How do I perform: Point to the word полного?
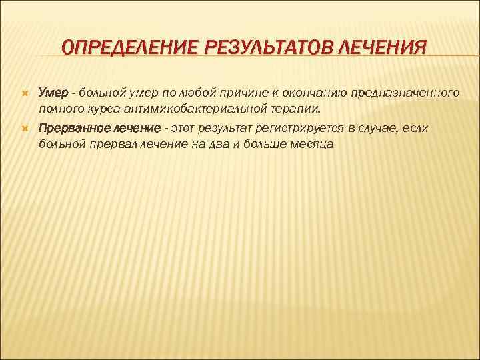tap(59, 107)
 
